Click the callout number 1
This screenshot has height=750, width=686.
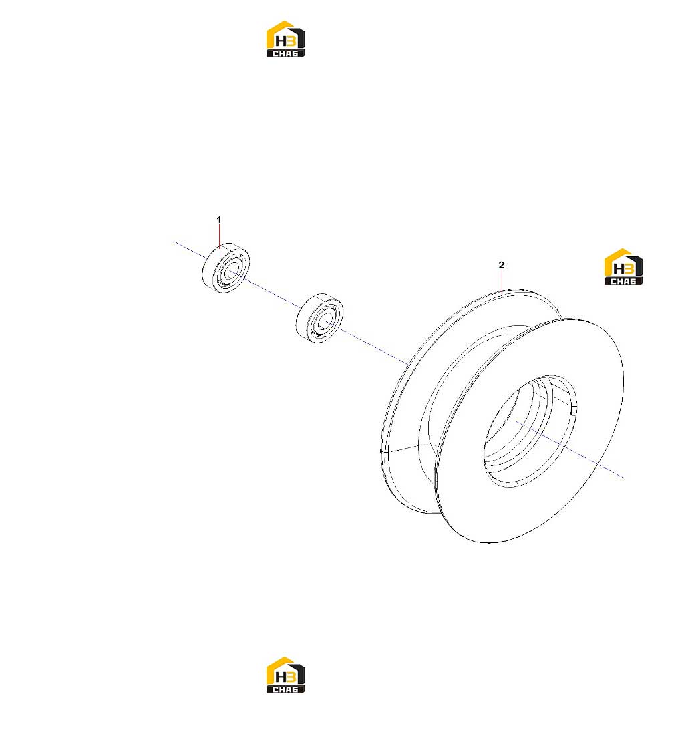point(218,220)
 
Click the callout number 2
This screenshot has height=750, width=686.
point(502,265)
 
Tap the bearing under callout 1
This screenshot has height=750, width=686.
point(226,268)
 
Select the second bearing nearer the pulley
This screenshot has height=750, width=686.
point(319,318)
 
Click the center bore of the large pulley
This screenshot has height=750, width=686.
point(530,431)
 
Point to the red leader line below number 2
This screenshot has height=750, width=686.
point(502,280)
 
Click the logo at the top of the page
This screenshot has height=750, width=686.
point(286,39)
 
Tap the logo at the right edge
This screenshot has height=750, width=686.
point(623,266)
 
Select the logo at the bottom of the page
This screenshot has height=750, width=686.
point(286,675)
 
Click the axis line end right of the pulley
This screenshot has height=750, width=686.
point(623,478)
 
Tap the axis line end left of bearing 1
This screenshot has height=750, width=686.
point(174,242)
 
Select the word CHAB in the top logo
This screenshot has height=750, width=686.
point(286,53)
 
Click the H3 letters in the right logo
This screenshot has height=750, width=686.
point(623,269)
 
